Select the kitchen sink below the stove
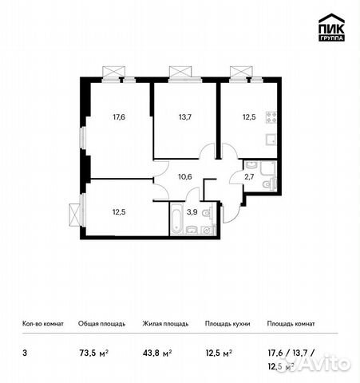coord(270,138)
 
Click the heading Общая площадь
coord(101,324)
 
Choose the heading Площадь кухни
coord(227,324)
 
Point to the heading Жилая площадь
coord(165,324)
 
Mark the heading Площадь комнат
coord(292,324)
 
